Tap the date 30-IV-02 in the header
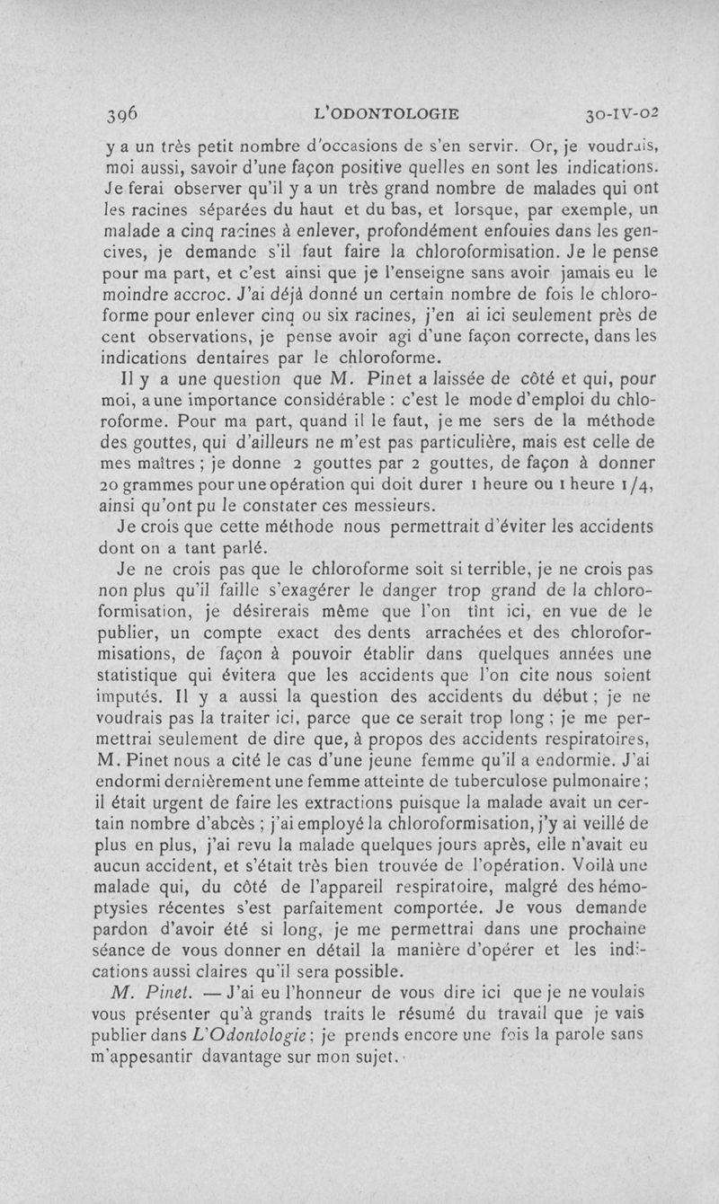[621, 114]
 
